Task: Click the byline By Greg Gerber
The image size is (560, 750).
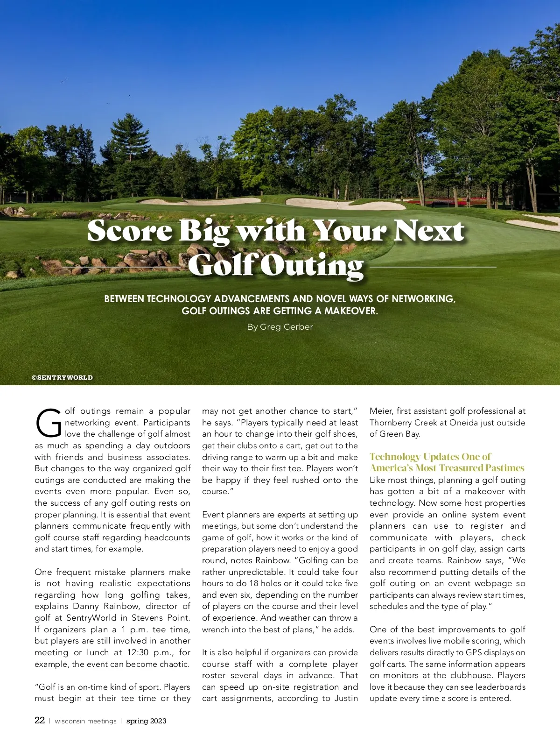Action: click(280, 327)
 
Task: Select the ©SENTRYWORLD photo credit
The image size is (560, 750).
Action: click(62, 377)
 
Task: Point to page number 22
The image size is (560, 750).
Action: click(40, 720)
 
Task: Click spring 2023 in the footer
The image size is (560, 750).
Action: click(146, 721)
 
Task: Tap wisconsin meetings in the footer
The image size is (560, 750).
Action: click(85, 721)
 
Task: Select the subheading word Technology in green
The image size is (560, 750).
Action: click(395, 457)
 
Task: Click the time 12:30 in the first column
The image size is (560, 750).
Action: click(138, 652)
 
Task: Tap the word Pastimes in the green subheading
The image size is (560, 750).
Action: click(504, 468)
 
